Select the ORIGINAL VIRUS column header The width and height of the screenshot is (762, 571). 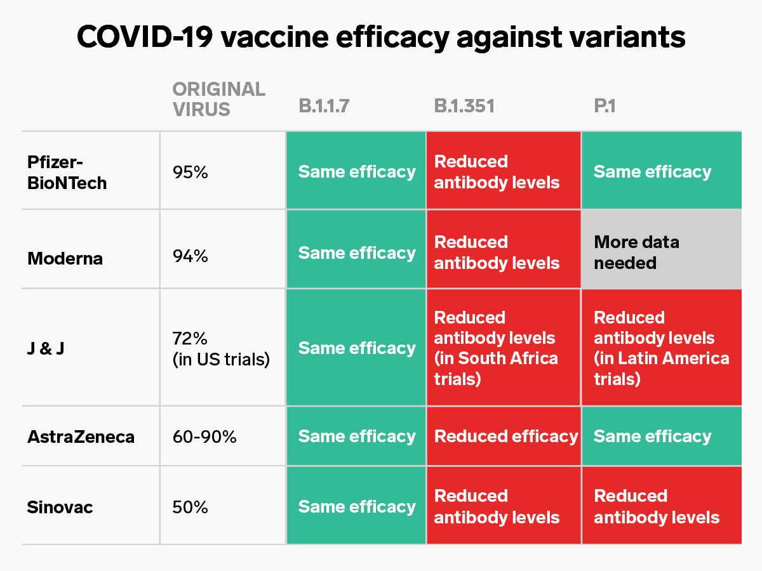click(x=219, y=99)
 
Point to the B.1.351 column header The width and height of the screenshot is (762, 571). click(x=464, y=106)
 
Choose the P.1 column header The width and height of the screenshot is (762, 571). click(x=605, y=106)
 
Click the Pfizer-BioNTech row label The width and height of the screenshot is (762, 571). click(x=67, y=172)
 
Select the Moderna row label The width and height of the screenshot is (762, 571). click(x=65, y=258)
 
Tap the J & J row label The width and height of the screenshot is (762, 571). click(x=46, y=348)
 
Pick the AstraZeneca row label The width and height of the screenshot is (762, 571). click(x=81, y=436)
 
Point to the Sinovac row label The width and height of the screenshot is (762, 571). click(x=60, y=507)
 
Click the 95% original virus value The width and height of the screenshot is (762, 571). click(x=190, y=172)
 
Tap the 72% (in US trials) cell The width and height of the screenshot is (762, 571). click(x=221, y=348)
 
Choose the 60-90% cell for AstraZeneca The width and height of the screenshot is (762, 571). click(x=204, y=436)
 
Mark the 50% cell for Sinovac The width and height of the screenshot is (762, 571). click(x=190, y=507)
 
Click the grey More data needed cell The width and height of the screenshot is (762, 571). click(x=660, y=253)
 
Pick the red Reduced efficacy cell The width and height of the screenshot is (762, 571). click(x=505, y=436)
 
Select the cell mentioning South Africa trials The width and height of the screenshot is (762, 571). click(x=503, y=348)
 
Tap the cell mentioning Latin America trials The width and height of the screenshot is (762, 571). click(x=660, y=348)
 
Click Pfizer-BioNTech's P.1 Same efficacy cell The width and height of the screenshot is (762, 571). click(x=660, y=172)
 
